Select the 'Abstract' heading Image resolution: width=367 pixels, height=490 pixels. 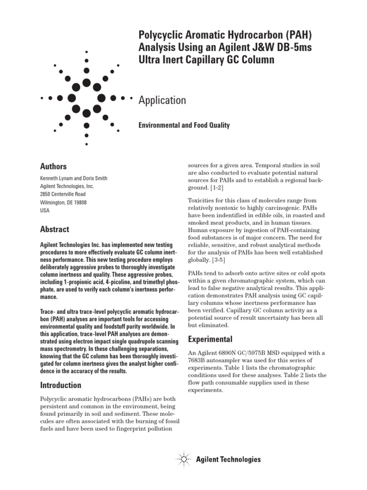point(54,229)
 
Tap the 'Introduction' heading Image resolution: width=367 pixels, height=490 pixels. point(60,385)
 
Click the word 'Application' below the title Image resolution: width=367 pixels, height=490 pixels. point(162,100)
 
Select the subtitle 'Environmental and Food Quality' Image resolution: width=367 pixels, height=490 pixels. point(184,125)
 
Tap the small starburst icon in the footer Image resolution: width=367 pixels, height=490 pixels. point(183,459)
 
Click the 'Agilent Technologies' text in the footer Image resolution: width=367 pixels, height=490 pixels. point(228,459)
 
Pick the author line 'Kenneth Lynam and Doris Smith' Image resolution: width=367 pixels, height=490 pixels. point(73,178)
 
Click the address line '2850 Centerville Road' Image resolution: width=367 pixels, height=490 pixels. point(63,194)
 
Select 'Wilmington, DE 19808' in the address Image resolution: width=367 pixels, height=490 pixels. point(64,202)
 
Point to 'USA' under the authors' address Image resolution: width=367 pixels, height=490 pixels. point(44,210)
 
